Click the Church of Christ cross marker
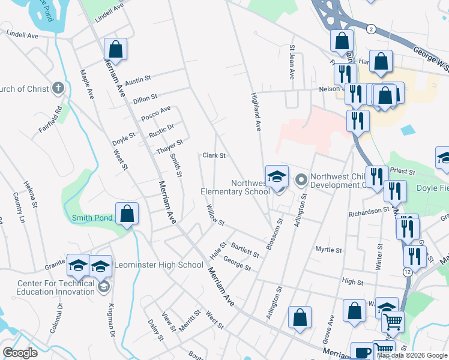[x=58, y=89]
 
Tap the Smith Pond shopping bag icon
[x=127, y=214]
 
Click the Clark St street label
[x=214, y=155]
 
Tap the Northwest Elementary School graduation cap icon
[x=277, y=177]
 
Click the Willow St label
[x=215, y=214]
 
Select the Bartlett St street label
[x=245, y=250]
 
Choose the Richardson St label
[x=369, y=212]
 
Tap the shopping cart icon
[x=393, y=322]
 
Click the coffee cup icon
[x=362, y=352]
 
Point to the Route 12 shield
[x=408, y=272]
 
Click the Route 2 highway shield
[x=372, y=29]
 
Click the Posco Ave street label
[x=156, y=112]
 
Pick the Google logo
[x=20, y=353]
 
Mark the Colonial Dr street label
[x=60, y=317]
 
